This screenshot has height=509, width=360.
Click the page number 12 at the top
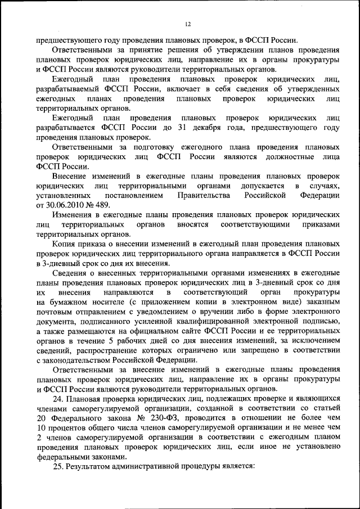pyautogui.click(x=188, y=24)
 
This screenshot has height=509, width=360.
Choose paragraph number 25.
pyautogui.click(x=57, y=467)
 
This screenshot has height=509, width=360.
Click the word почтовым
pyautogui.click(x=55, y=312)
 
